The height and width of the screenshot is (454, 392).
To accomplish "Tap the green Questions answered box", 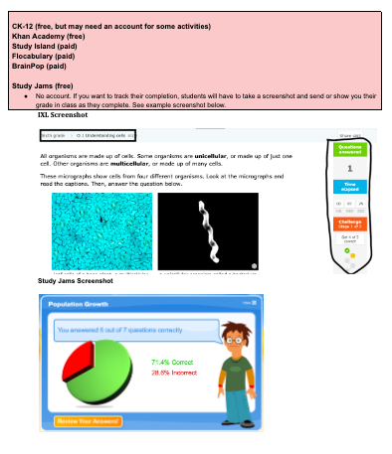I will pos(350,150).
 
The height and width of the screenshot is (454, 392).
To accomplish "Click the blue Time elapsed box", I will pos(350,186).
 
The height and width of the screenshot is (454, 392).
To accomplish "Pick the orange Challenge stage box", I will pos(350,226).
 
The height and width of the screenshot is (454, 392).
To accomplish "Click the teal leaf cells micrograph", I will pos(101,230).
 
